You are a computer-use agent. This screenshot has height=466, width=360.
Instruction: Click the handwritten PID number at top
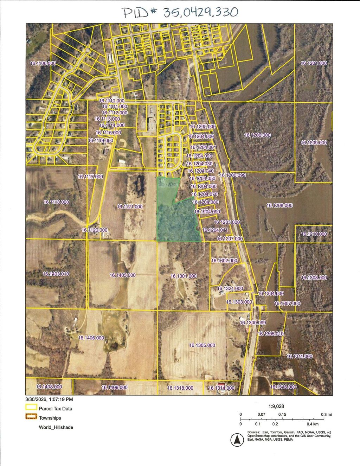(x=180, y=12)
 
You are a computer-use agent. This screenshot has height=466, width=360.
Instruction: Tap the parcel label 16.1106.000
(x=43, y=63)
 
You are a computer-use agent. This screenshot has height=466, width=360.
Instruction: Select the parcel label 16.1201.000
(x=314, y=63)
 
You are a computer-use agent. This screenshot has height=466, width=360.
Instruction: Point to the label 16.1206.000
(x=257, y=135)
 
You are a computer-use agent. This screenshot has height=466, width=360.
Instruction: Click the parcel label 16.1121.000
(x=130, y=206)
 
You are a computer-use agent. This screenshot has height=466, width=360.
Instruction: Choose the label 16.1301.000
(x=184, y=276)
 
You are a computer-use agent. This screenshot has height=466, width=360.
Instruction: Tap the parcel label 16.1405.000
(x=123, y=275)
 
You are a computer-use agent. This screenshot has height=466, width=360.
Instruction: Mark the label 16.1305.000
(x=202, y=345)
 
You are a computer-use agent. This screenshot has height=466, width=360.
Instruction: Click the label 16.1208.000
(x=279, y=205)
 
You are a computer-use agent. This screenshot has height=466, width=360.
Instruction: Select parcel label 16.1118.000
(x=56, y=202)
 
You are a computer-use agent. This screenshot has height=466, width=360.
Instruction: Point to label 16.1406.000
(x=91, y=338)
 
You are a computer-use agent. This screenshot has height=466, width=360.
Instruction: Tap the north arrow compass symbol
(x=237, y=440)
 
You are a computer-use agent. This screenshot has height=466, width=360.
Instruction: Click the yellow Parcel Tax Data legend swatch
(x=31, y=408)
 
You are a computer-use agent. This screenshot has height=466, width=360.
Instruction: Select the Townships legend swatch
(x=31, y=417)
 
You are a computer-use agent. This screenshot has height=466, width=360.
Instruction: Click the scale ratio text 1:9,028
(x=276, y=406)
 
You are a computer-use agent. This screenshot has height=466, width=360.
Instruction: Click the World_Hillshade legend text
(x=56, y=427)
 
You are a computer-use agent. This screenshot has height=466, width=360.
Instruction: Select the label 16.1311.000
(x=300, y=356)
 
